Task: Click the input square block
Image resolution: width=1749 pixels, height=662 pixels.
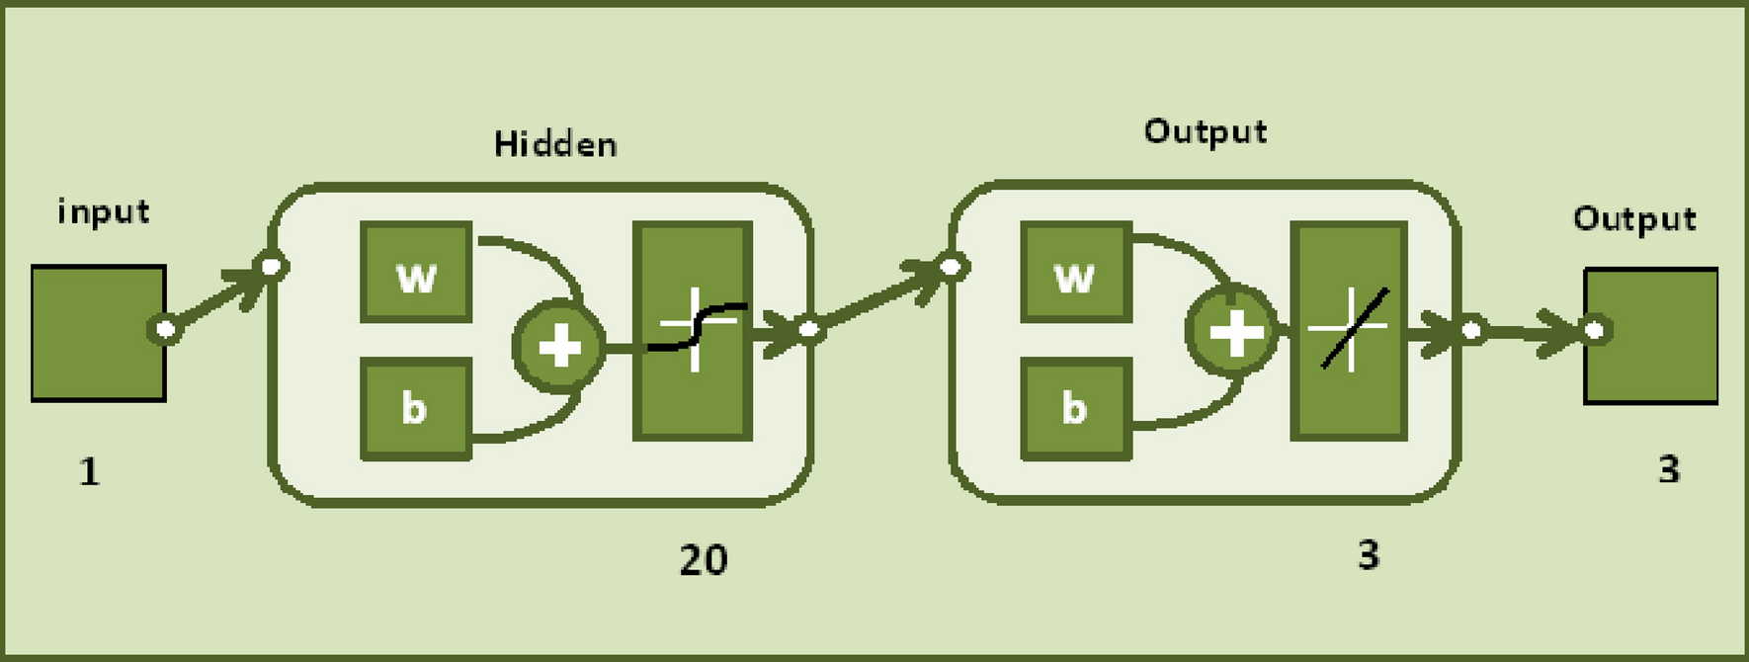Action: click(x=98, y=333)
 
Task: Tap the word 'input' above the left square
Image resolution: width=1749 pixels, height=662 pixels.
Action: click(x=104, y=211)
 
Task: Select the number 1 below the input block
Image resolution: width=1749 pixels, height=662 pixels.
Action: click(x=89, y=471)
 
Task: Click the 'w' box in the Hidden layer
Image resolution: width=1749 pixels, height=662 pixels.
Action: click(x=416, y=274)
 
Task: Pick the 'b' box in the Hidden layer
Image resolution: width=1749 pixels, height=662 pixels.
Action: click(x=415, y=408)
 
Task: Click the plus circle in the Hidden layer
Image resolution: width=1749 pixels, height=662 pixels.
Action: click(x=559, y=347)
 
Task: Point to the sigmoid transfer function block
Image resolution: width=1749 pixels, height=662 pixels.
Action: click(x=693, y=330)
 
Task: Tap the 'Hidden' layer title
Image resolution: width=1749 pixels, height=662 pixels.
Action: click(x=555, y=144)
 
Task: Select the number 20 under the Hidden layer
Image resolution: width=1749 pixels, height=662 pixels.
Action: click(x=704, y=560)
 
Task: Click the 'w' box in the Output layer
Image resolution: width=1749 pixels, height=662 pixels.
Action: click(x=1075, y=274)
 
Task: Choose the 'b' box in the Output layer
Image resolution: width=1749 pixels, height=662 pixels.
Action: click(x=1075, y=408)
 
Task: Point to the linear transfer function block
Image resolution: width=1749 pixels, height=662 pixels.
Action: click(x=1349, y=330)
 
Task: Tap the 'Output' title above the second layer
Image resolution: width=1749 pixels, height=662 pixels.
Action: click(x=1206, y=131)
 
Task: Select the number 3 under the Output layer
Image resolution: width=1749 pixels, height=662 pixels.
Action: click(x=1369, y=555)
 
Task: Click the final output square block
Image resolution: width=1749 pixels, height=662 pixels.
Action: click(x=1650, y=336)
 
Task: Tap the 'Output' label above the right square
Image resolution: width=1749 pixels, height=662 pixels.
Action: click(x=1634, y=218)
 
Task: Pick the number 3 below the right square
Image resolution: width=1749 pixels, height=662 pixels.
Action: click(x=1669, y=469)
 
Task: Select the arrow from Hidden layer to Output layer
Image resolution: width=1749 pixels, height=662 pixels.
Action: click(x=879, y=297)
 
